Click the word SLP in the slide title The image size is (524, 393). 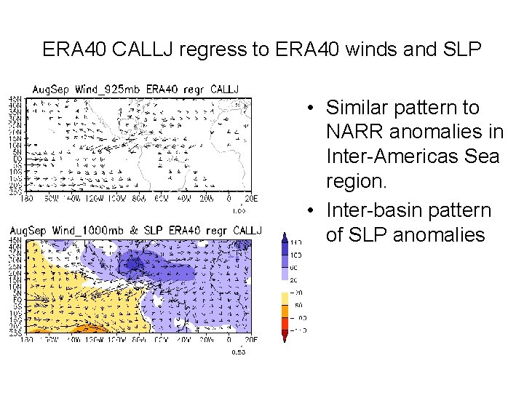click(459, 49)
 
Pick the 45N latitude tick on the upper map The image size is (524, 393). click(15, 99)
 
